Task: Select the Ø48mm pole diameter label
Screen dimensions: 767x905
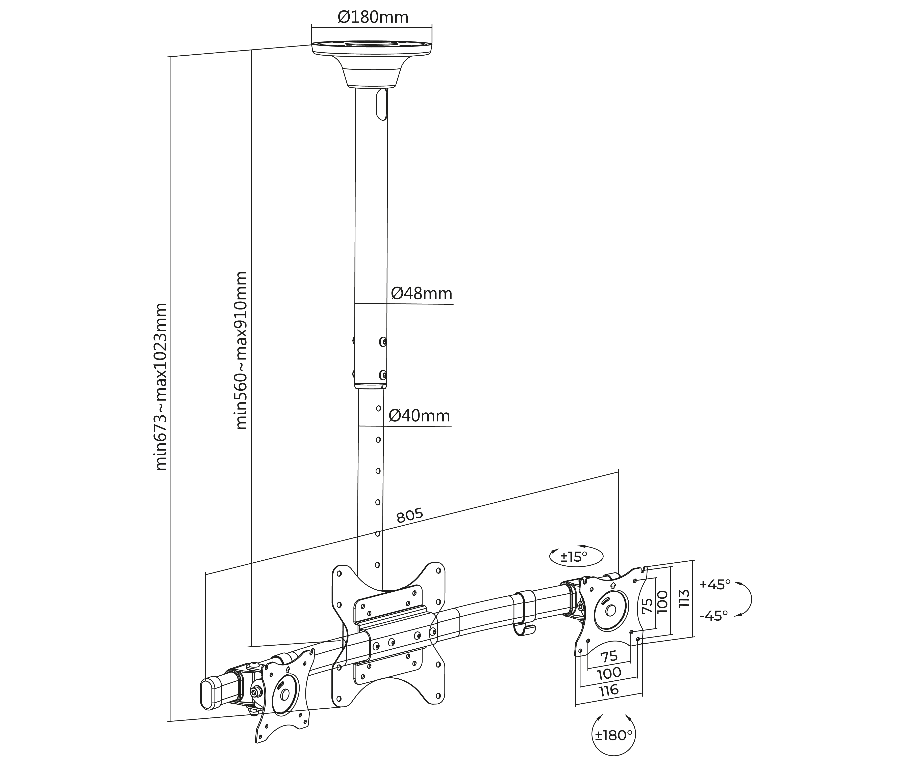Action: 421,294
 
